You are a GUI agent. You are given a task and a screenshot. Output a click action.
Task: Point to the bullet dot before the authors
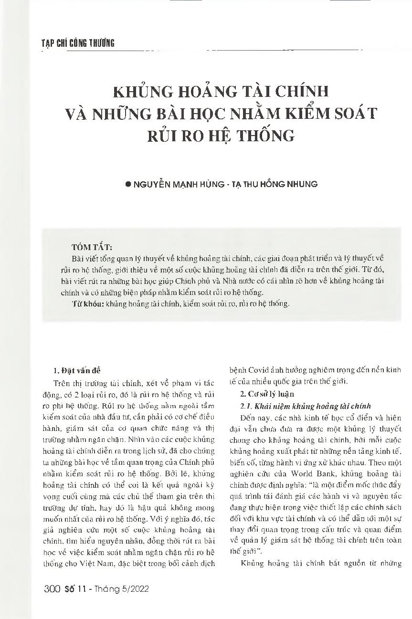coord(127,184)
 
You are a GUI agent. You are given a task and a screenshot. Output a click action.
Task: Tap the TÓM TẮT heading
coord(91,248)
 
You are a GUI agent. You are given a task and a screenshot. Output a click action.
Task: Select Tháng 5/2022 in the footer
coord(126,589)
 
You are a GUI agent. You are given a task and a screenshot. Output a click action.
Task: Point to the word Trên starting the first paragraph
coord(63,383)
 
